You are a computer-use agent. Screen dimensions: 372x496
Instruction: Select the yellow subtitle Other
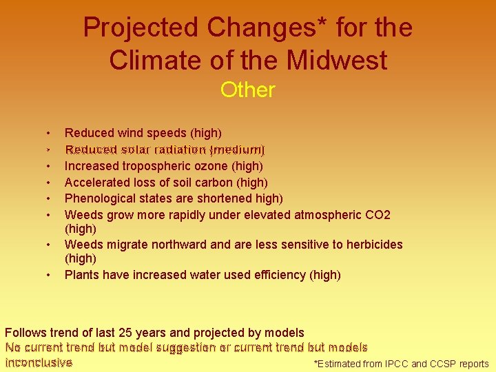pos(247,90)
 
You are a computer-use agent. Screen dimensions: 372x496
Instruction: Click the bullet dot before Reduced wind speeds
pos(48,132)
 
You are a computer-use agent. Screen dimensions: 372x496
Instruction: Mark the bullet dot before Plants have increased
pos(48,275)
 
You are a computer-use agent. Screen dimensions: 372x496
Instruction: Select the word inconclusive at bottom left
pos(39,362)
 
